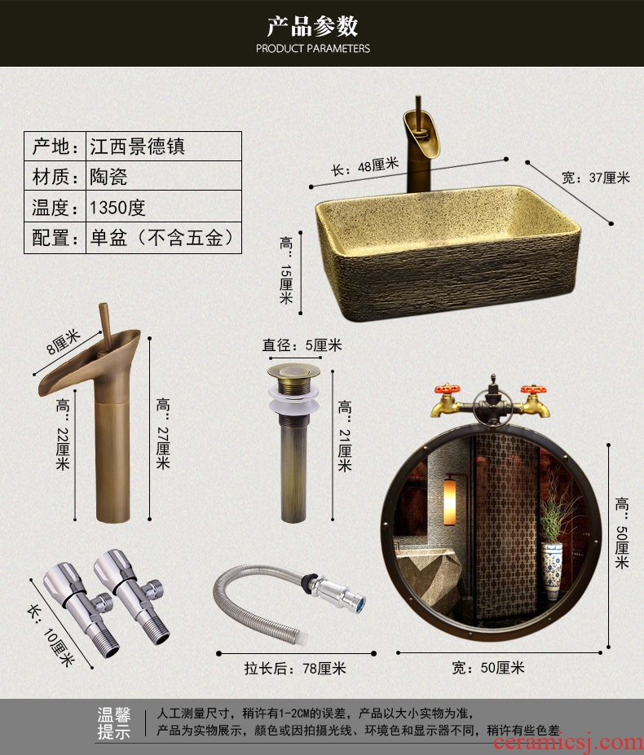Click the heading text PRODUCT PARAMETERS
pos(313,48)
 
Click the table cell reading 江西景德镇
pos(138,147)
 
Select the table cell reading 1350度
pos(117,208)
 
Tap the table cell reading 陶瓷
pos(108,177)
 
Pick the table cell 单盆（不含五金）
pos(162,237)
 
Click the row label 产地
pos(55,147)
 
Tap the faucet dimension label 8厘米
pos(64,342)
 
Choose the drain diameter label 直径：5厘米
pos(302,345)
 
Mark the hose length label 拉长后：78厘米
pos(295,669)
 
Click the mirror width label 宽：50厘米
pos(487,667)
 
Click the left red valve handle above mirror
pos(448,389)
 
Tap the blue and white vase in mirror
pos(551,571)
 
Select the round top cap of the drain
pos(294,371)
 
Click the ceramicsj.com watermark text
pos(568,743)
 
